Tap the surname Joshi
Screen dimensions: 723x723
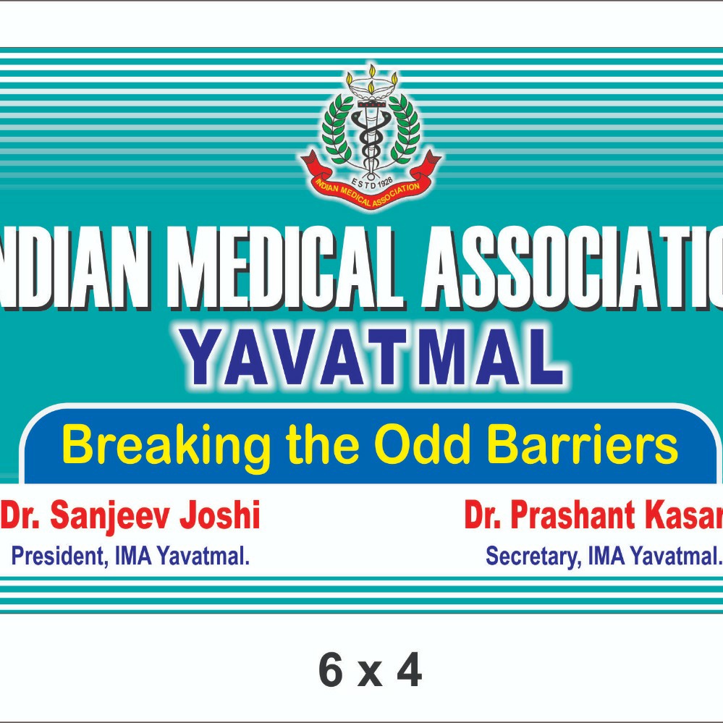(x=220, y=517)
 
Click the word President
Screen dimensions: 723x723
(x=54, y=557)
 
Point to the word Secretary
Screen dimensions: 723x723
(x=532, y=557)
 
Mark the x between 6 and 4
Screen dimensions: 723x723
(x=371, y=675)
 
